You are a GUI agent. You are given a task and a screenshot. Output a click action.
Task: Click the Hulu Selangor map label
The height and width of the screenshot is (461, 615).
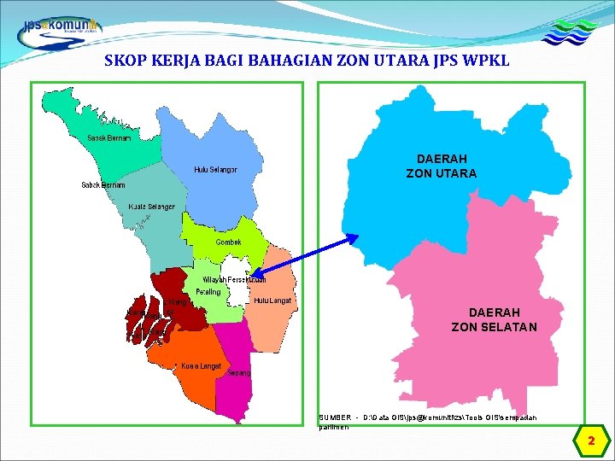(x=215, y=170)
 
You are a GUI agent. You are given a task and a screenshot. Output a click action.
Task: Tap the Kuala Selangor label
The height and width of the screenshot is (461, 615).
(x=151, y=207)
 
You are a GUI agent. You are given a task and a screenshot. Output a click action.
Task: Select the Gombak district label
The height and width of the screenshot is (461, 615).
(x=228, y=242)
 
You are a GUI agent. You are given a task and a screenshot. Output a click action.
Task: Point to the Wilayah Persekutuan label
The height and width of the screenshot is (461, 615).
(x=233, y=279)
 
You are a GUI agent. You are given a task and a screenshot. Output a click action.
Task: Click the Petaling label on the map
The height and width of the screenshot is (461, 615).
(x=208, y=292)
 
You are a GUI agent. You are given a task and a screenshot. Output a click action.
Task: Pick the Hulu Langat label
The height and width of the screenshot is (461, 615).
(x=273, y=301)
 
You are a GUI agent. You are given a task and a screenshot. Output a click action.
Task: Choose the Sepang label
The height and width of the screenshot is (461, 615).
(x=239, y=373)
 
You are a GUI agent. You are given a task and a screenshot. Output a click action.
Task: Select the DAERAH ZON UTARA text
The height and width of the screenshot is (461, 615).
(x=441, y=166)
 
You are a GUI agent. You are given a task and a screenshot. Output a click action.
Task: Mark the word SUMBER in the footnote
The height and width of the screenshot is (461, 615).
(x=334, y=417)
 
